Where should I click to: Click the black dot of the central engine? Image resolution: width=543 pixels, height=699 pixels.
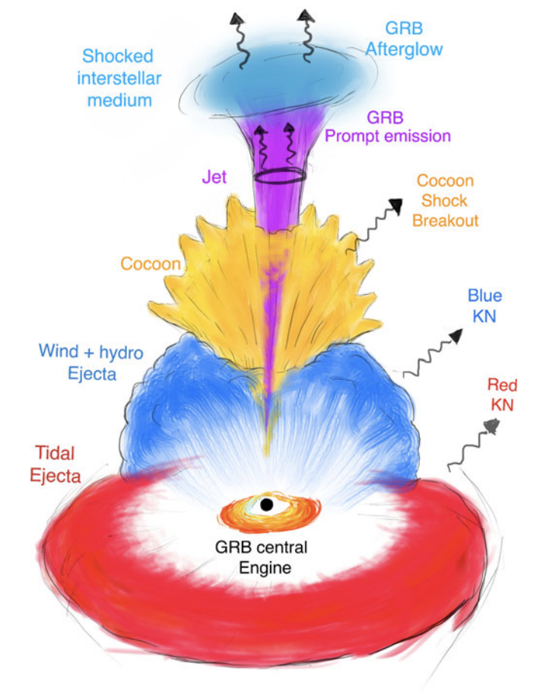point(266,504)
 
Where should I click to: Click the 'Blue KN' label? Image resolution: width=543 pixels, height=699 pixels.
point(484,306)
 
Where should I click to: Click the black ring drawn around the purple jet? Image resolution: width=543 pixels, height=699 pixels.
point(279,176)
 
